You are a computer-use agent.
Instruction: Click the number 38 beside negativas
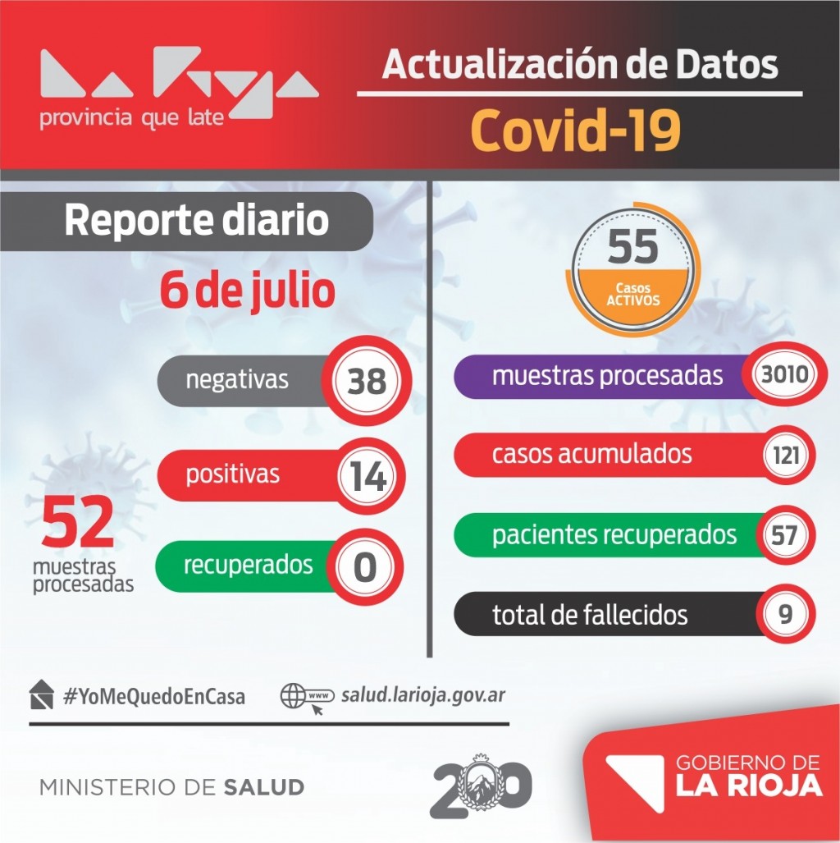366,382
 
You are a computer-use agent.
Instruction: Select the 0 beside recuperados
365,566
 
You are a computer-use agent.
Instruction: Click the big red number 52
78,524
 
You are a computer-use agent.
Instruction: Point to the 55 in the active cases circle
633,246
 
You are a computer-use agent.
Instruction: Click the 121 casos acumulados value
786,455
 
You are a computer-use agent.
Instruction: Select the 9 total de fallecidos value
786,614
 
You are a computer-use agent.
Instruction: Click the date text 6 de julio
248,291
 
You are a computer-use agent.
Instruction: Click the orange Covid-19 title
576,131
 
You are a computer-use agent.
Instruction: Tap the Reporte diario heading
196,221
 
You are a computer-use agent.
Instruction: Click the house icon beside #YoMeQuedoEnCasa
42,694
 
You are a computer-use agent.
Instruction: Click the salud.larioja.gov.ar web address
422,694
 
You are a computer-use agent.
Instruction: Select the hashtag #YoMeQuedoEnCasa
153,697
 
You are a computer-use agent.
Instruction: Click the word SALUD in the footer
263,787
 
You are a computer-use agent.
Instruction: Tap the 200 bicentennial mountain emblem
481,786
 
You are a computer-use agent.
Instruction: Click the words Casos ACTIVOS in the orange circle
632,295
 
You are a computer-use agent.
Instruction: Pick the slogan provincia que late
131,118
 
